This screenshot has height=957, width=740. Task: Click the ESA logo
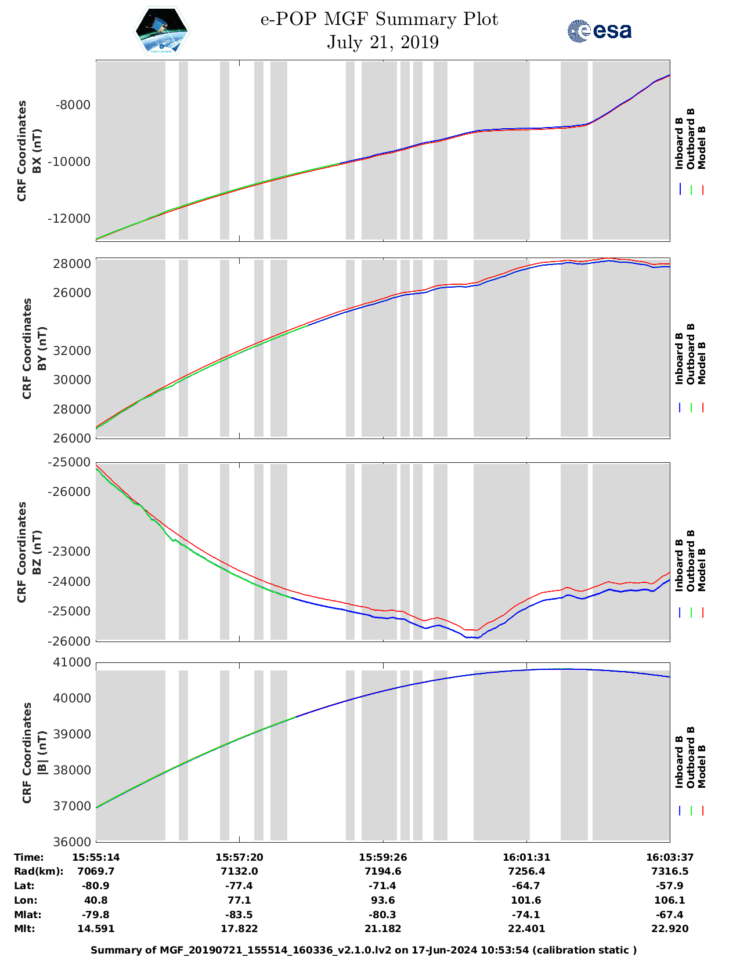[x=599, y=31]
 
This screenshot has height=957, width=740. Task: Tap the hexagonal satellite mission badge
[x=162, y=31]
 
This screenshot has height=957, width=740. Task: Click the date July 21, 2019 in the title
[x=382, y=42]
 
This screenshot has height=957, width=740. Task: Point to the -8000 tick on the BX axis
[x=73, y=105]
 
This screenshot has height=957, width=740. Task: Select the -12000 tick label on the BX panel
[x=71, y=219]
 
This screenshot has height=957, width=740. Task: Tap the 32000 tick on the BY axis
[x=73, y=351]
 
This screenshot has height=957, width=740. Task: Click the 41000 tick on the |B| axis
[x=73, y=662]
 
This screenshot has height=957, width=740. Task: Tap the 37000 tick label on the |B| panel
[x=73, y=806]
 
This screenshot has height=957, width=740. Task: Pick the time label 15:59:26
[x=382, y=857]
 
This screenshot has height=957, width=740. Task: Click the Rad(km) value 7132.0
[x=239, y=871]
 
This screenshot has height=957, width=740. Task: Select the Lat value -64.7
[x=526, y=886]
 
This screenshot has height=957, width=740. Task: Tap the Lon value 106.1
[x=670, y=900]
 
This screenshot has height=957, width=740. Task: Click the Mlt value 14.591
[x=96, y=929]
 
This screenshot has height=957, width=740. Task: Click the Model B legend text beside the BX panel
[x=702, y=147]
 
